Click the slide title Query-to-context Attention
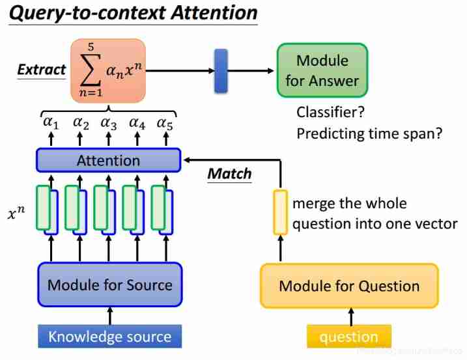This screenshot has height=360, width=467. tap(134, 13)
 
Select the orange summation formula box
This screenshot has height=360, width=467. tap(108, 70)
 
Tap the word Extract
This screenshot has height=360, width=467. tap(41, 70)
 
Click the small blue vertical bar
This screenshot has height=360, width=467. tap(221, 70)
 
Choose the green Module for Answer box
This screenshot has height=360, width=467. tap(322, 70)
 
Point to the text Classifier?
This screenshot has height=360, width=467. tap(330, 112)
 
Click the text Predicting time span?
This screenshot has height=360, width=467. tap(369, 134)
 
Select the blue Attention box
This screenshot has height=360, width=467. tap(108, 160)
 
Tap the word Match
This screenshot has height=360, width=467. tap(229, 174)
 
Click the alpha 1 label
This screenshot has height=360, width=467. tap(51, 123)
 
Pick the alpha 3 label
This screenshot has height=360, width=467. tap(108, 123)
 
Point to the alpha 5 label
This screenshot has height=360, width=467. tap(165, 123)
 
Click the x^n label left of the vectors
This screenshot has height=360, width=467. tap(17, 213)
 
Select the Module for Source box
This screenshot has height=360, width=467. tap(109, 284)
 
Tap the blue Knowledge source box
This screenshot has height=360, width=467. tap(109, 337)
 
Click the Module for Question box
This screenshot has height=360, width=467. tap(349, 286)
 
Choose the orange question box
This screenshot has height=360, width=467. tap(349, 337)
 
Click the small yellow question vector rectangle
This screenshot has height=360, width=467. tap(279, 212)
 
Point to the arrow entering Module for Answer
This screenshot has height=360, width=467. tap(251, 70)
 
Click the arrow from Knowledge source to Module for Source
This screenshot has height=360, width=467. tap(109, 316)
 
